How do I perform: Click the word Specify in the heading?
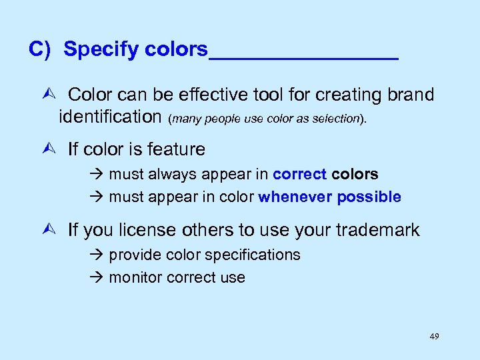101,49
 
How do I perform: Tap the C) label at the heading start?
41,49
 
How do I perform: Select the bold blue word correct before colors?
300,175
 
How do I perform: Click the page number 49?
434,337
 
